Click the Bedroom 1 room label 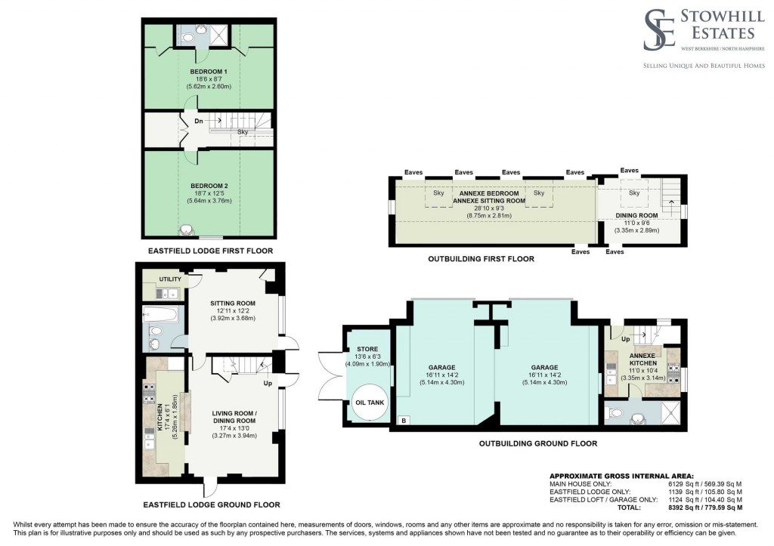click(x=208, y=71)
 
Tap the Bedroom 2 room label click(x=208, y=185)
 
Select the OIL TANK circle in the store click(x=369, y=403)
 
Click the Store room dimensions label click(x=367, y=364)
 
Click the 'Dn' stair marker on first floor click(x=199, y=121)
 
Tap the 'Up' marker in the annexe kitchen click(x=625, y=340)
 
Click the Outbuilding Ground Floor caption click(x=538, y=443)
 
